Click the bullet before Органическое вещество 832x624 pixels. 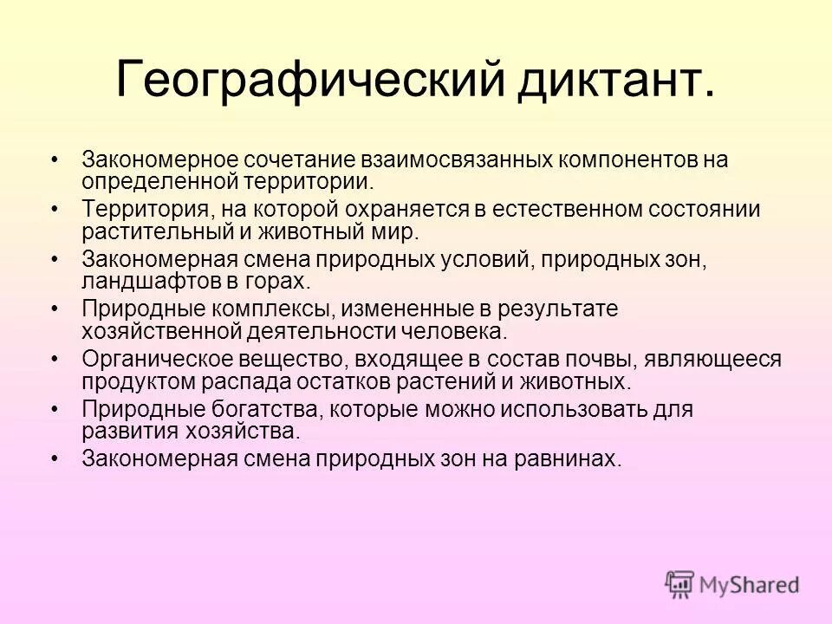tap(55, 359)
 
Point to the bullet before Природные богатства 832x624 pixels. tap(55, 408)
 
